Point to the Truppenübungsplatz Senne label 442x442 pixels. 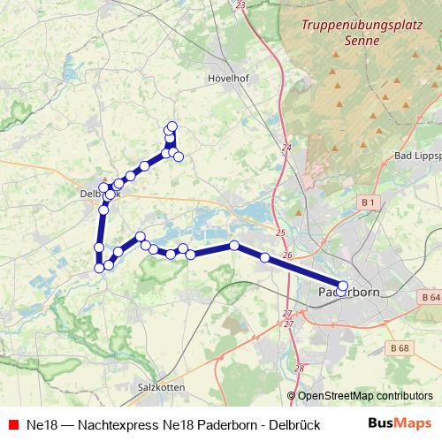click(339, 34)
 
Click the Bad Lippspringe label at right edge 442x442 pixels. click(416, 156)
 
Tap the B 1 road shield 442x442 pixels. click(370, 204)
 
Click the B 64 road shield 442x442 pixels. click(431, 296)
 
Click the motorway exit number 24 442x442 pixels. click(286, 148)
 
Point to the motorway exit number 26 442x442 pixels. click(286, 255)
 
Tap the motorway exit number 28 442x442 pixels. click(299, 369)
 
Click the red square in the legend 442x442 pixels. click(12, 424)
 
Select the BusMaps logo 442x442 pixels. click(400, 423)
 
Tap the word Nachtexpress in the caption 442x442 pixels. click(115, 424)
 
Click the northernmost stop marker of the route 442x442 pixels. click(172, 126)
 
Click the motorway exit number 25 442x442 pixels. click(280, 233)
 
